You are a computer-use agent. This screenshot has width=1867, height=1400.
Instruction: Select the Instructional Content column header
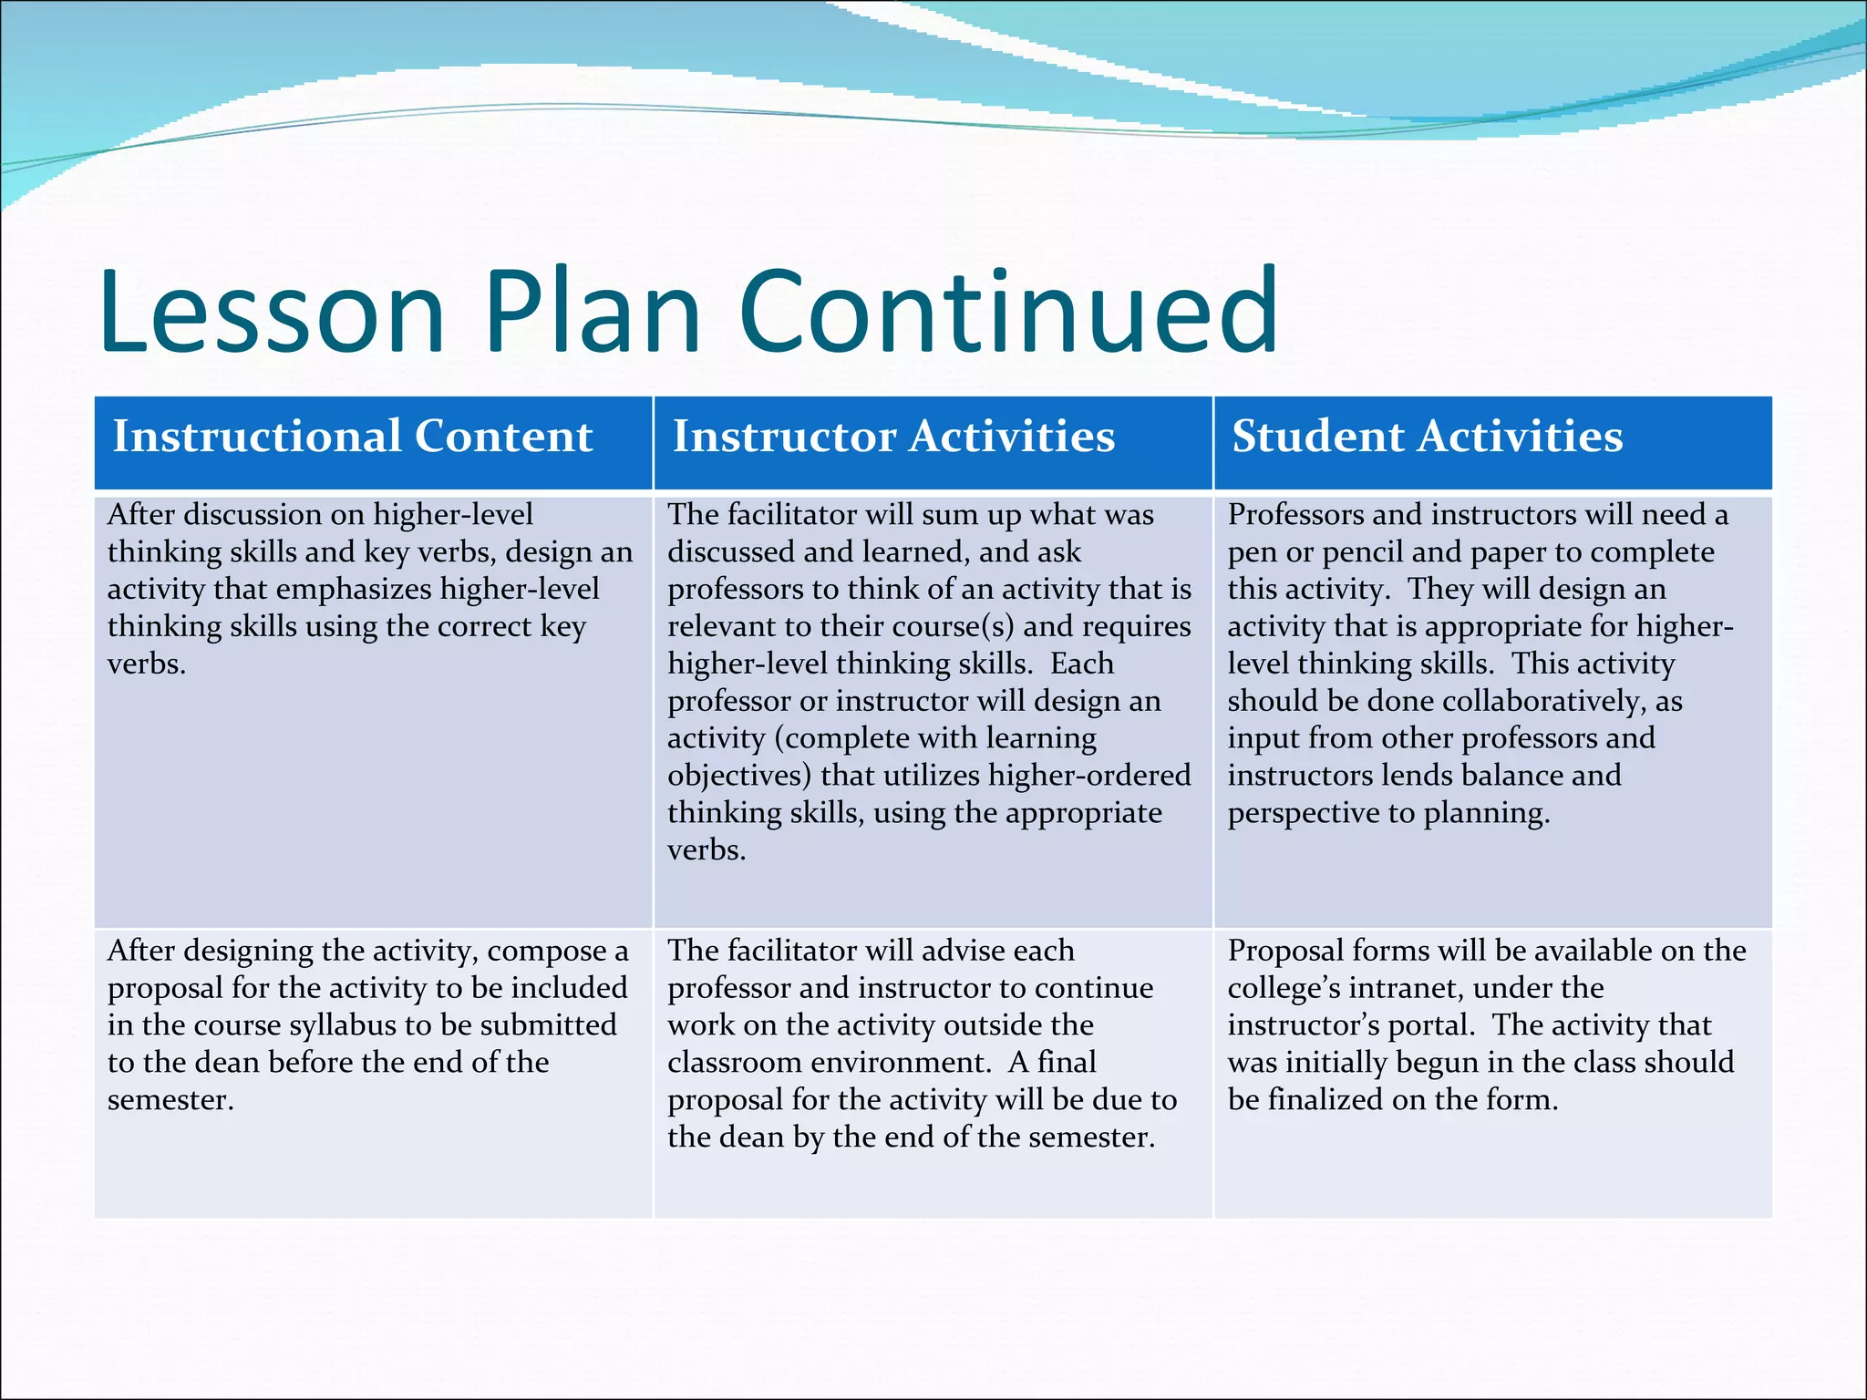pyautogui.click(x=352, y=437)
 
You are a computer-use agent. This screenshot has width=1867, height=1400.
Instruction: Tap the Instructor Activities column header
pyautogui.click(x=893, y=437)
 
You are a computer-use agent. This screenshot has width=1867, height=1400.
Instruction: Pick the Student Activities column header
pyautogui.click(x=1427, y=437)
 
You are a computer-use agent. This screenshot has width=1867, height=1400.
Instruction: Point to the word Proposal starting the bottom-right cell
pyautogui.click(x=1284, y=951)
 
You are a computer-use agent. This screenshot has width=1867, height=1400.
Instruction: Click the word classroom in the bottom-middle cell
pyautogui.click(x=734, y=1063)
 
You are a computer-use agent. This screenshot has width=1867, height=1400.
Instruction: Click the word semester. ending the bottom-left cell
pyautogui.click(x=170, y=1100)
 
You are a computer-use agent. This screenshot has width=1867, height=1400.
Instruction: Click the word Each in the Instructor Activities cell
pyautogui.click(x=1081, y=664)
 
